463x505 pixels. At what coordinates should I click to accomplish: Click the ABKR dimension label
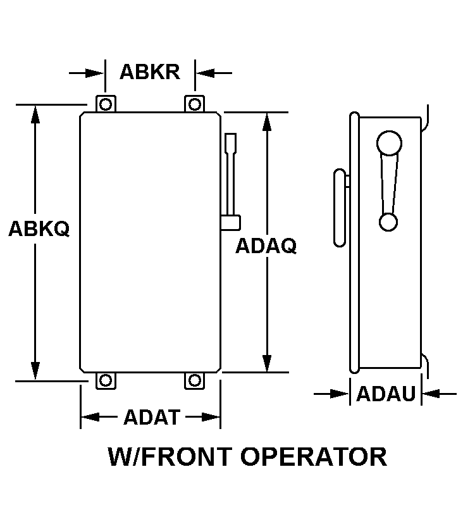(150, 72)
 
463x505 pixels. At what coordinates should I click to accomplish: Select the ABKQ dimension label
(39, 228)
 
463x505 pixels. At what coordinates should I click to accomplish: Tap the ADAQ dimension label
(266, 246)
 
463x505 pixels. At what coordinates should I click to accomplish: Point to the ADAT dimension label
(152, 417)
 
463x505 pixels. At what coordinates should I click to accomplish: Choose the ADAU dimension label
(386, 393)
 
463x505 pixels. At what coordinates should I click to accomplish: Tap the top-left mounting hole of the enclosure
(106, 104)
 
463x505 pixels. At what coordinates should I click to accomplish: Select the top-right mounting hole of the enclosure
(194, 104)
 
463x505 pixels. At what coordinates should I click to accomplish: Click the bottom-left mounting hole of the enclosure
(106, 380)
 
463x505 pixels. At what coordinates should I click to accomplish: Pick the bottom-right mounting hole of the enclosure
(194, 380)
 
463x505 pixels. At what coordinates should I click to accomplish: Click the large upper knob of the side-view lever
(389, 143)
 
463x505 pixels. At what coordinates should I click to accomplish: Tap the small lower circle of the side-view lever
(388, 222)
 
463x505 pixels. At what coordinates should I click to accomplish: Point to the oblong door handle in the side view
(340, 208)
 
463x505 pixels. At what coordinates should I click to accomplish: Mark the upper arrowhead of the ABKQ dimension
(35, 115)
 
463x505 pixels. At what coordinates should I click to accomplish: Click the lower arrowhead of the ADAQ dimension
(266, 363)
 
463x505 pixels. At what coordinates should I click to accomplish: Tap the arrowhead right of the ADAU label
(431, 394)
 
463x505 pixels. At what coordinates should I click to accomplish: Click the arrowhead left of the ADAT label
(90, 417)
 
